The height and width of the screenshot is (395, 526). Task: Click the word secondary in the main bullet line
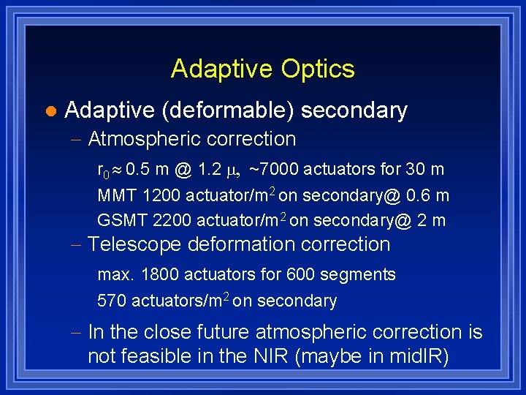point(354,110)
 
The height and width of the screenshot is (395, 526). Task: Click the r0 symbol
point(103,171)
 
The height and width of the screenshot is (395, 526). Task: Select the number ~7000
point(273,170)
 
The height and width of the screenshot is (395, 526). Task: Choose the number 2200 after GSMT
point(169,220)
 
